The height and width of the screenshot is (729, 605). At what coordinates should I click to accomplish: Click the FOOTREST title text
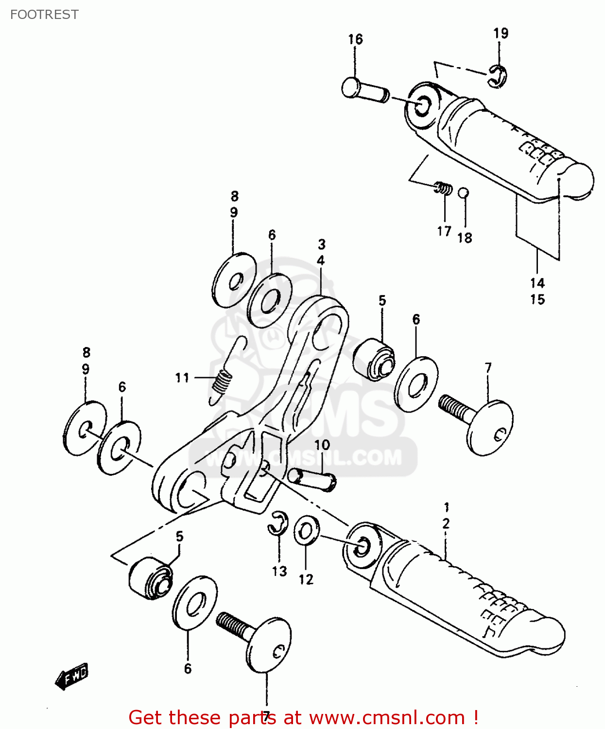[x=44, y=15]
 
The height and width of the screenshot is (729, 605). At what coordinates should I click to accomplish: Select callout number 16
[x=355, y=39]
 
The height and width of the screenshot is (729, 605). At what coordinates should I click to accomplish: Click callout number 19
[x=501, y=33]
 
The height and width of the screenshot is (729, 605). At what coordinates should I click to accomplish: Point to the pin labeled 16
[x=364, y=90]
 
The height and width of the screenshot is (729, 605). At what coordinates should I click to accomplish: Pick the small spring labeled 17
[x=443, y=188]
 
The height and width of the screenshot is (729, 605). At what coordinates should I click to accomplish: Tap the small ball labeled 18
[x=464, y=193]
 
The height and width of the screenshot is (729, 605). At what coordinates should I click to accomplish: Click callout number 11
[x=182, y=378]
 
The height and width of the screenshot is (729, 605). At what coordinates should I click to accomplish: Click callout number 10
[x=322, y=445]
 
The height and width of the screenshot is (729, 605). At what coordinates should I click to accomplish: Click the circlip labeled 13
[x=278, y=524]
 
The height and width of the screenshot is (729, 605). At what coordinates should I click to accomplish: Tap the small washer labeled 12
[x=306, y=531]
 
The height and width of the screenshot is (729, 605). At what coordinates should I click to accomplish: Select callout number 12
[x=306, y=579]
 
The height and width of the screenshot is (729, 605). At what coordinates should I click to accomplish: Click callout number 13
[x=279, y=572]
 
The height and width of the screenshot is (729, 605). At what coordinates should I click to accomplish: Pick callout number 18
[x=465, y=238]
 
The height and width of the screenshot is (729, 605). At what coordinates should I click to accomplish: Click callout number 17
[x=444, y=231]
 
